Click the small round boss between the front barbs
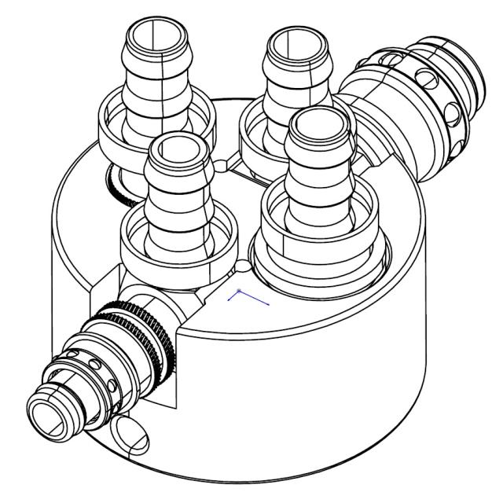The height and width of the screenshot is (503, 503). click(x=244, y=268)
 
